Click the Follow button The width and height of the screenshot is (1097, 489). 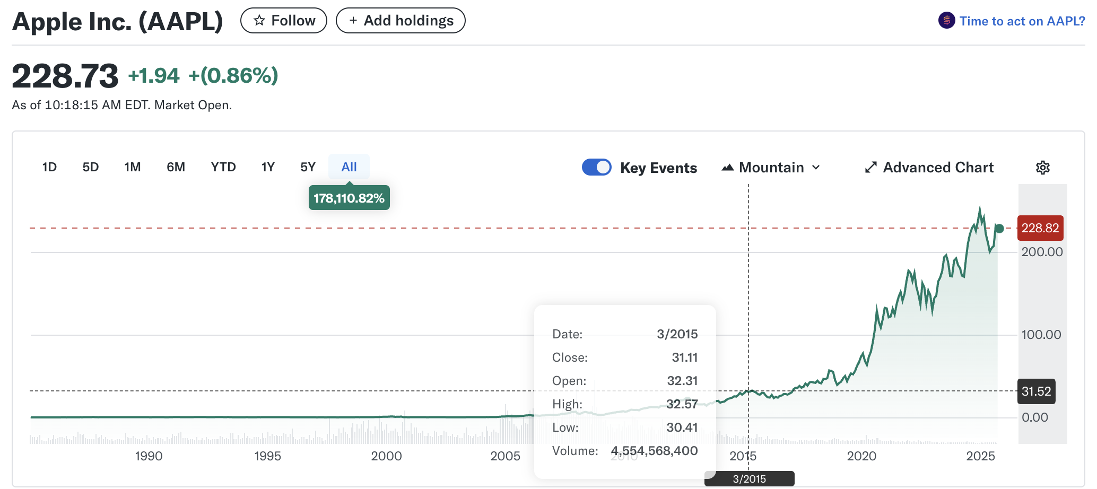[284, 21]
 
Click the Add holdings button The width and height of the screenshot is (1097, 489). [401, 21]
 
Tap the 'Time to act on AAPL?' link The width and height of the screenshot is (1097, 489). [1022, 21]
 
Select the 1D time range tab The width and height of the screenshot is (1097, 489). [49, 167]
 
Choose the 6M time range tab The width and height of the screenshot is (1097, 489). [176, 167]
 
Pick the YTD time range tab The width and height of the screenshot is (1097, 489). [223, 167]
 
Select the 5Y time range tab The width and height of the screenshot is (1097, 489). [308, 167]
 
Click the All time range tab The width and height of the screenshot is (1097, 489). [349, 167]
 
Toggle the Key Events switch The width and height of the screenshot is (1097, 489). [597, 167]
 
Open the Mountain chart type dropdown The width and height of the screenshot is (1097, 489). [771, 168]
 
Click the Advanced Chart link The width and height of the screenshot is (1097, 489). [929, 168]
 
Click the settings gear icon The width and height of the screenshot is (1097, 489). [1043, 168]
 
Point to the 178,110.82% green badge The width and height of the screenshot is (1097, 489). [349, 198]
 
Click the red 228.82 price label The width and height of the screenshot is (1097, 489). [1040, 228]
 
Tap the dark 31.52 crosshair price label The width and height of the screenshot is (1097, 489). [1036, 391]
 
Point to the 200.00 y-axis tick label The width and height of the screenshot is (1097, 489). [1042, 252]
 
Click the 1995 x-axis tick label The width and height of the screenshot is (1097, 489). [267, 456]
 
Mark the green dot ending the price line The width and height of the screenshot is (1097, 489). [999, 229]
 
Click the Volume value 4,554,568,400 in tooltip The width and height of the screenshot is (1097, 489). [654, 451]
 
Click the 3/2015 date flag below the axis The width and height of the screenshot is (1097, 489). [749, 479]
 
